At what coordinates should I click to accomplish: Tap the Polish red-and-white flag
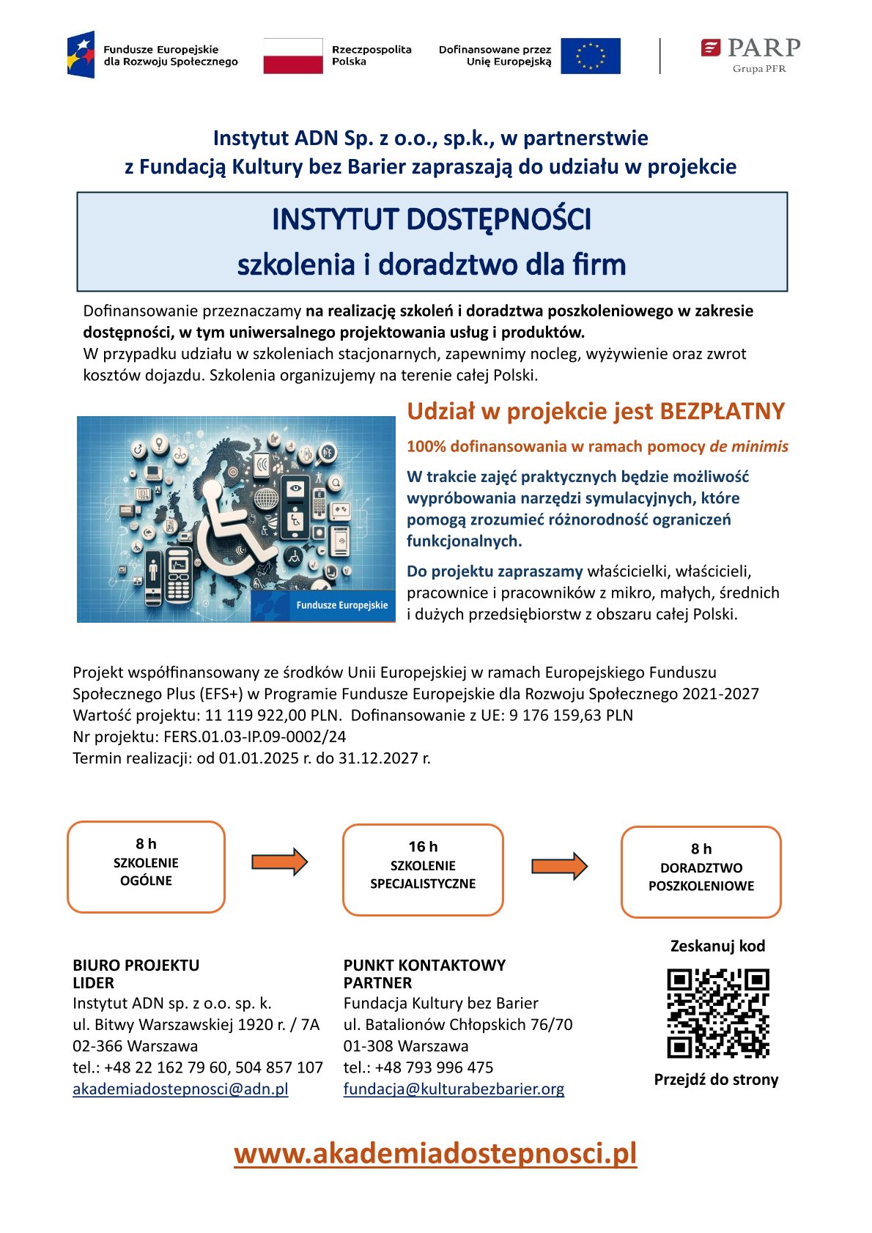coord(292,56)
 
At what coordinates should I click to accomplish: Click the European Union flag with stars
coord(590,56)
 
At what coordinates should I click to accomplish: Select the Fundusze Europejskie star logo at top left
coord(81,55)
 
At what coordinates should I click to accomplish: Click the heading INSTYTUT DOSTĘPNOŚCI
coord(431,219)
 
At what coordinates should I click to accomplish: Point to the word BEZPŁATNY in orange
coord(722,411)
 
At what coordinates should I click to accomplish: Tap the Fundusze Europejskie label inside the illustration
coord(341,605)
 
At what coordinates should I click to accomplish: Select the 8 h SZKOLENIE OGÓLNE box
coord(146,867)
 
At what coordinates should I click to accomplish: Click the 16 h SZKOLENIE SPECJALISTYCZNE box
coord(423,870)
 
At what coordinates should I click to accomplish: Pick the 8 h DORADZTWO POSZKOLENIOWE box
coord(701,872)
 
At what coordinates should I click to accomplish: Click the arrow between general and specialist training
coord(279,862)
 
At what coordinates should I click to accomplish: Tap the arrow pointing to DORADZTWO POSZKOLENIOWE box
coord(559,866)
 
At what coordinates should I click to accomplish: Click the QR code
coord(717,1013)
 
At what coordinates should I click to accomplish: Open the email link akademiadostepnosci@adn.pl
coord(180,1089)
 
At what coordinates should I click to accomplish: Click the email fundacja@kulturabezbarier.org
coord(454,1089)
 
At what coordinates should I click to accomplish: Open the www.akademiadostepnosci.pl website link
coord(435,1153)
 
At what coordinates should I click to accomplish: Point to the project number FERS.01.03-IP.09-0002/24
coord(254,736)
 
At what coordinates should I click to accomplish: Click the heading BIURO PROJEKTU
coord(136,965)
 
